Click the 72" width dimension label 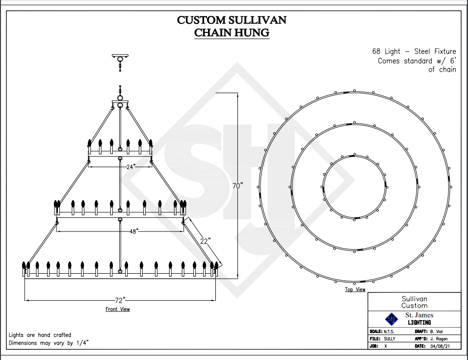point(121,300)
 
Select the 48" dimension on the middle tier point(133,231)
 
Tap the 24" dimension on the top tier point(130,167)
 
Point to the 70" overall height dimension point(237,186)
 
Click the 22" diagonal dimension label point(205,241)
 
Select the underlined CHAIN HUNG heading point(232,33)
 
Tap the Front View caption point(118,309)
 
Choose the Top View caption point(355,289)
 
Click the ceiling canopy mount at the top point(120,55)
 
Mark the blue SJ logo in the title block point(391,319)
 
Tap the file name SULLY point(390,339)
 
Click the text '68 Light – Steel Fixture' point(414,51)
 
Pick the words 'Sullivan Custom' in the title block point(415,302)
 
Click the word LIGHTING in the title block point(419,322)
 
